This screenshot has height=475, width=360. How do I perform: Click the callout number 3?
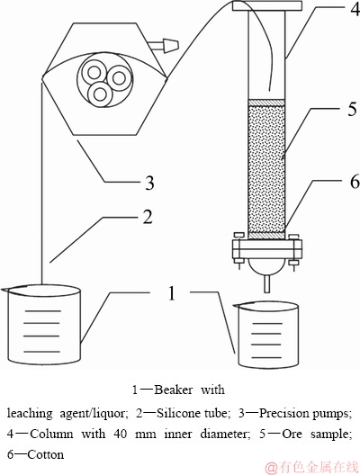coord(148,183)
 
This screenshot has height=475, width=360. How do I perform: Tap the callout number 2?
coord(147,217)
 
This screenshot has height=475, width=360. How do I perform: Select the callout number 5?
coord(352,109)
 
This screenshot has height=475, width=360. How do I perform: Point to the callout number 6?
coord(354,181)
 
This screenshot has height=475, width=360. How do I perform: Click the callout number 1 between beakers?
coord(172,292)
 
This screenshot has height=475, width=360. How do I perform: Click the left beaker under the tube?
coord(41,324)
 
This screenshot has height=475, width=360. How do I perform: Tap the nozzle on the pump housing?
coord(165,45)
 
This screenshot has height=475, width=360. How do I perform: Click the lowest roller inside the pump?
coord(99,94)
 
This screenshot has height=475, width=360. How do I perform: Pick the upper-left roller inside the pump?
coord(94,73)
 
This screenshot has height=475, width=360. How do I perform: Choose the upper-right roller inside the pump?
coord(119,78)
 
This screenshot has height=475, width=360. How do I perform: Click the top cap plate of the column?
coord(267,5)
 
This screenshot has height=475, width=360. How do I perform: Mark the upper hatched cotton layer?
coord(266,103)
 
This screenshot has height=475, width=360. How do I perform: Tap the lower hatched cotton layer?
coord(266,235)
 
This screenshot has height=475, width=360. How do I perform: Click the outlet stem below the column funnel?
coord(266,284)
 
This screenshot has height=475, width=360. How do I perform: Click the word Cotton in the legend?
coord(46,454)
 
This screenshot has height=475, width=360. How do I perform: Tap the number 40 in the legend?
coord(121,435)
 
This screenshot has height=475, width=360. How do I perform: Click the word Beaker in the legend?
coord(173,390)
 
